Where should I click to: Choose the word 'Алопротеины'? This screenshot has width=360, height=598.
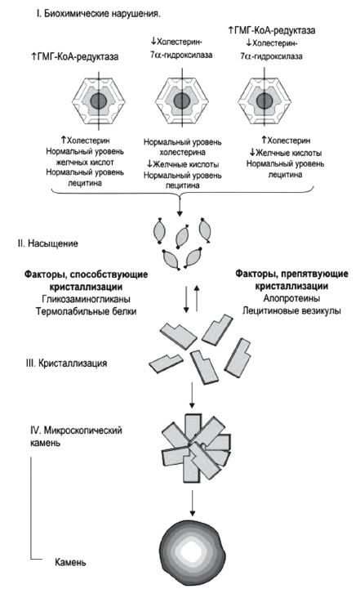(282, 298)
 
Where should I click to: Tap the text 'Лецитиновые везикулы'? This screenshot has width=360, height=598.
(282, 312)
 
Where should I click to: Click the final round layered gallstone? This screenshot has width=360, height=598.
(192, 555)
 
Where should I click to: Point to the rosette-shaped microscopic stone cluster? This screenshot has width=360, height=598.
(190, 453)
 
